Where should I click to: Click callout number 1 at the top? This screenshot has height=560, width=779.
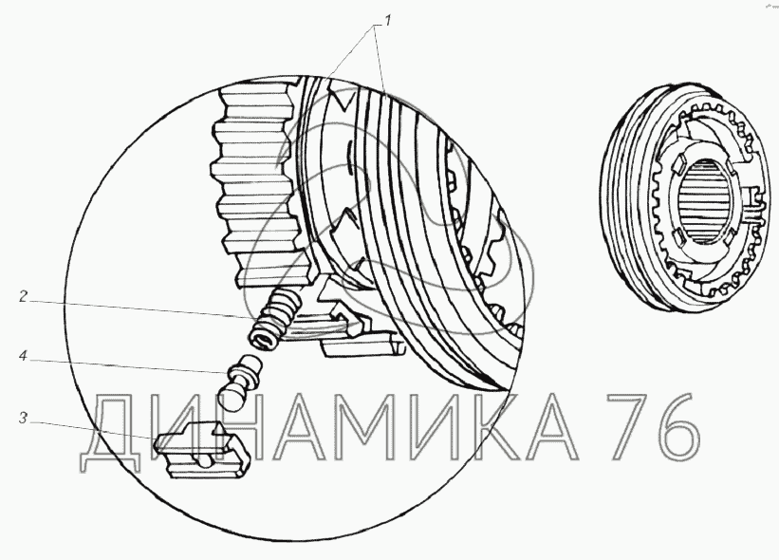click(388, 21)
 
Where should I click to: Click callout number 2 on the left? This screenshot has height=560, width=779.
click(23, 297)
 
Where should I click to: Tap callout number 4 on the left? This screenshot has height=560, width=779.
click(23, 356)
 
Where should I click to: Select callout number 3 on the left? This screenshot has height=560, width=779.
click(23, 419)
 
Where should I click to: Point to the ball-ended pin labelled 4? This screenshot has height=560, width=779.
click(241, 383)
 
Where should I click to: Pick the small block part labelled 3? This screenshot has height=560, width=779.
click(202, 449)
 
